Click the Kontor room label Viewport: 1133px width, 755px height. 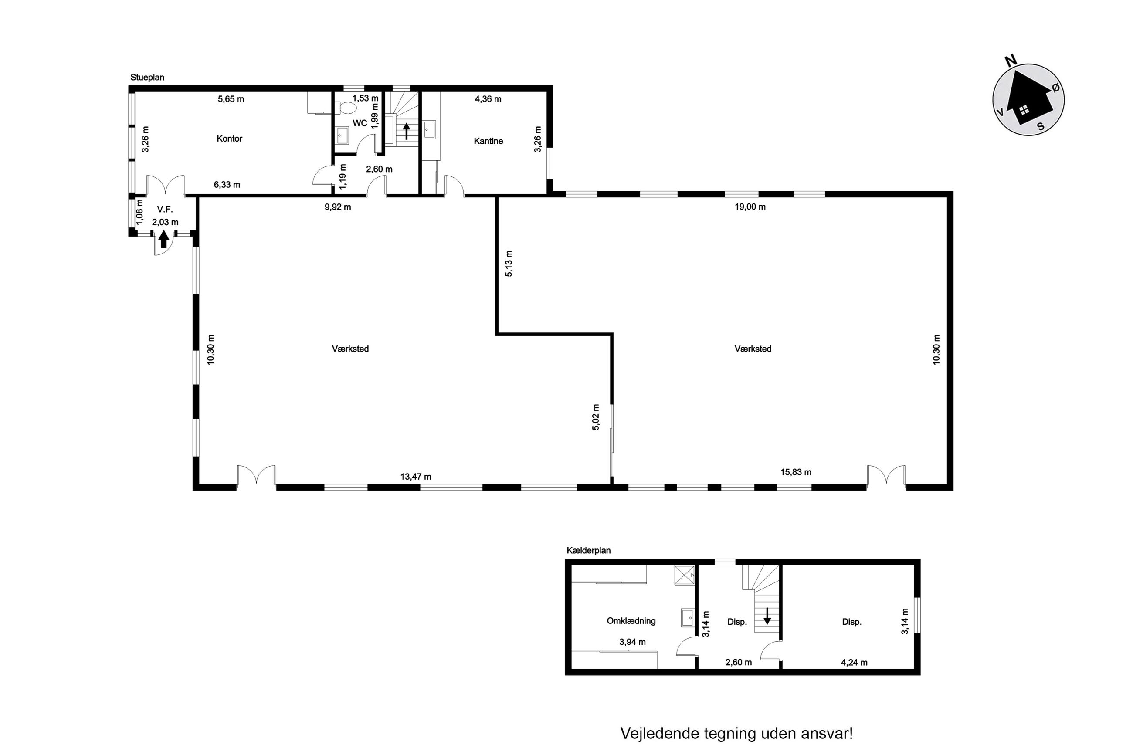click(x=229, y=139)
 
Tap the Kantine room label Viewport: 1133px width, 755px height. click(x=488, y=141)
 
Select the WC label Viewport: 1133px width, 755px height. click(x=360, y=123)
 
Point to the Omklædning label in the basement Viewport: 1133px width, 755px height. click(x=631, y=621)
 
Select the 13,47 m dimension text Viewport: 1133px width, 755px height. click(x=416, y=477)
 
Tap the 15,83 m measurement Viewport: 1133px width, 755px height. click(x=795, y=472)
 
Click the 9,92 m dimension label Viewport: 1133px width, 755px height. click(x=338, y=207)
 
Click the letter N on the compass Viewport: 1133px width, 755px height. click(x=1011, y=60)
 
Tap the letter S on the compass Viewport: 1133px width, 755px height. click(x=1041, y=127)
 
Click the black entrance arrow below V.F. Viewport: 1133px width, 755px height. click(x=163, y=239)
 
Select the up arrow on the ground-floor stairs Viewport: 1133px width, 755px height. click(x=407, y=131)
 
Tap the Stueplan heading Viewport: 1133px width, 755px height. click(x=147, y=78)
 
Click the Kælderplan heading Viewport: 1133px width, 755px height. click(x=588, y=550)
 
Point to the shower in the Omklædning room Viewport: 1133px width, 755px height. click(x=684, y=575)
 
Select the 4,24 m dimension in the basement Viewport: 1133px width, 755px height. click(x=854, y=663)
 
